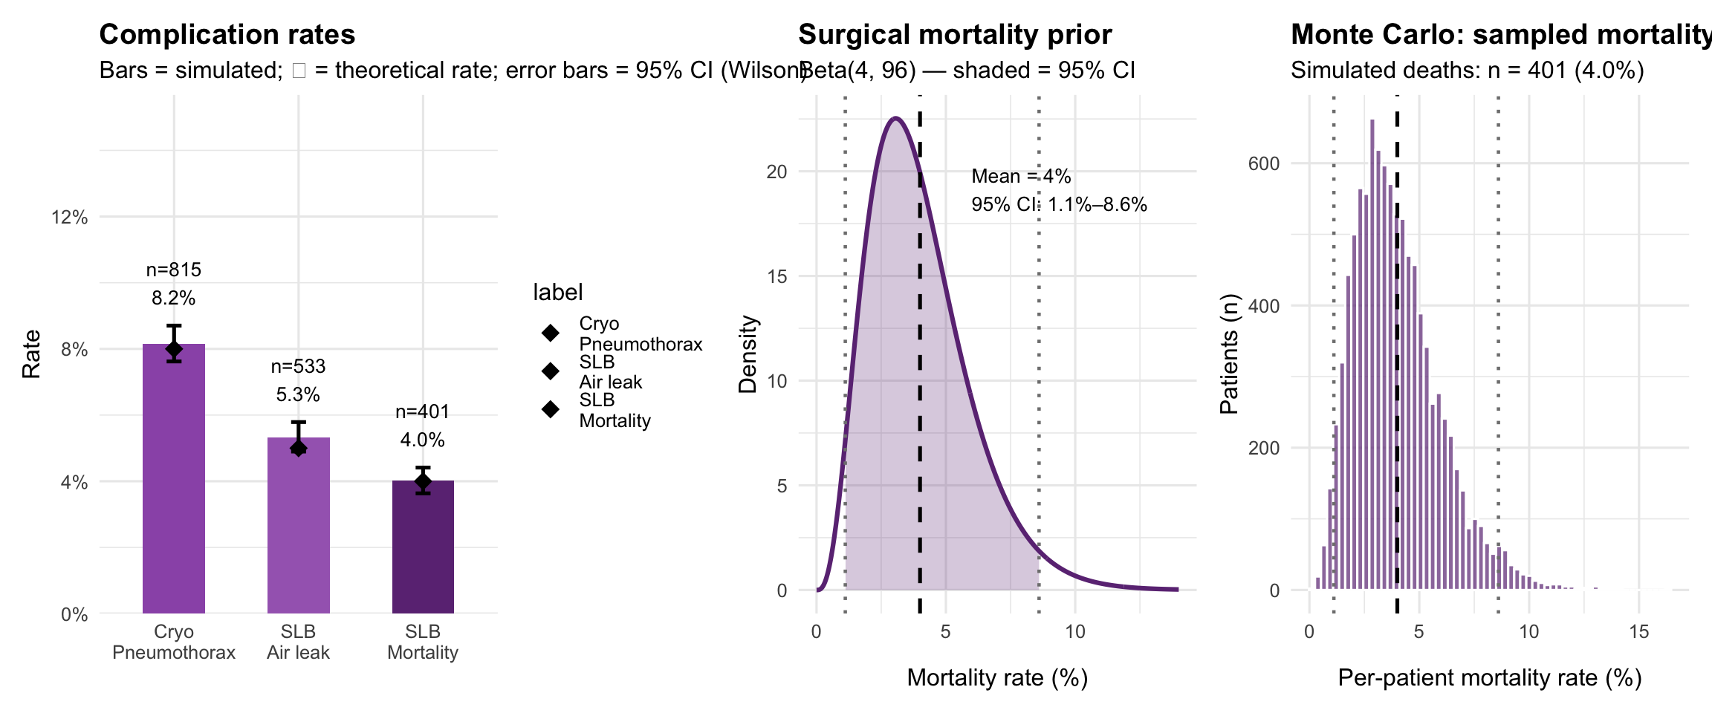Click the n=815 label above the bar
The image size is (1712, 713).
tap(173, 270)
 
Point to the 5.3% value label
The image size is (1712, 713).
tap(298, 394)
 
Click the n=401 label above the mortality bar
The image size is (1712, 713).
tap(423, 411)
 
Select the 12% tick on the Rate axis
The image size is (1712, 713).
tap(69, 217)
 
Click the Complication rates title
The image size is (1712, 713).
tap(227, 35)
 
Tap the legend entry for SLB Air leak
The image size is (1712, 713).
tap(610, 372)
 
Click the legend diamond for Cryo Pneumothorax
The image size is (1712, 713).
tap(551, 333)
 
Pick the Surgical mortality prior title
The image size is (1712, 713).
tap(955, 35)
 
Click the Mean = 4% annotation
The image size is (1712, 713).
tap(1021, 176)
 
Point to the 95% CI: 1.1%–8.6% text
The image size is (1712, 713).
tap(1059, 204)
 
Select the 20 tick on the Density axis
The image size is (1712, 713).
tap(776, 172)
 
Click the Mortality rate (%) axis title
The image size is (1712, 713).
tap(997, 677)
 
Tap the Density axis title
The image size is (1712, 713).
tap(748, 354)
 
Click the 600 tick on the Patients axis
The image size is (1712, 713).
tap(1264, 163)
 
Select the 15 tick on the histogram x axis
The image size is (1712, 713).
tap(1638, 632)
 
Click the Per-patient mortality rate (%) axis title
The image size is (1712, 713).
tap(1489, 677)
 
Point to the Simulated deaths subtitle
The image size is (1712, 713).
tap(1467, 70)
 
